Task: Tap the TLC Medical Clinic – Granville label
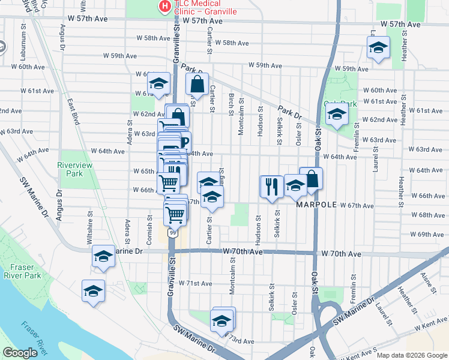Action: (x=205, y=7)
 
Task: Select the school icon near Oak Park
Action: (x=337, y=115)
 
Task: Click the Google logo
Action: (x=20, y=353)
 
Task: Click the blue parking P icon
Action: (x=184, y=142)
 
